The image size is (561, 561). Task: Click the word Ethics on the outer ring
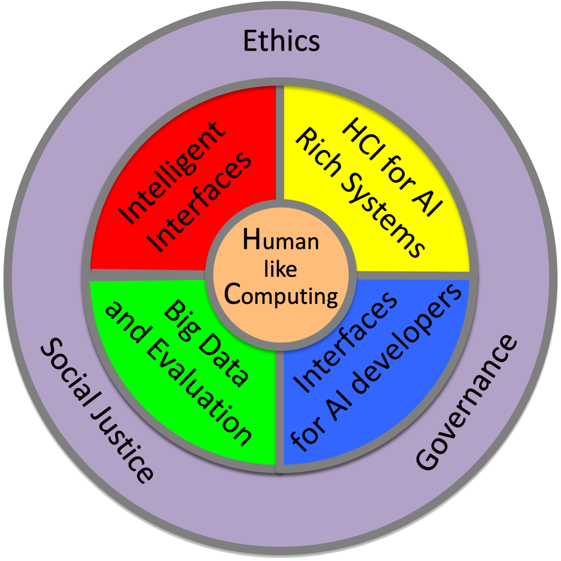pyautogui.click(x=281, y=41)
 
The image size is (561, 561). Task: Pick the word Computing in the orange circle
pyautogui.click(x=281, y=295)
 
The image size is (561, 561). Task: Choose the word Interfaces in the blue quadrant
pyautogui.click(x=346, y=342)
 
